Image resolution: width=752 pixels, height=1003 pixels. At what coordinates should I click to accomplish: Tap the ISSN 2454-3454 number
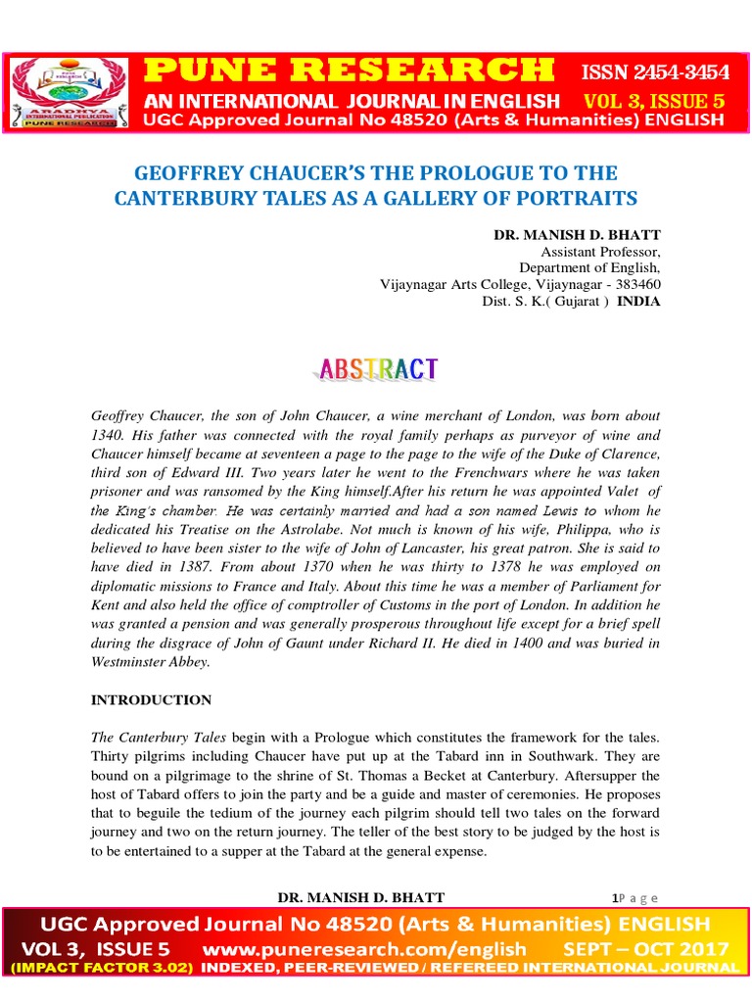click(655, 72)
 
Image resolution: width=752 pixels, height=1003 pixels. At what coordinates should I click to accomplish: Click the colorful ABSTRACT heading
click(377, 369)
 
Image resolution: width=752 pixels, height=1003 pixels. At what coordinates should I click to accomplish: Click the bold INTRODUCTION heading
click(151, 700)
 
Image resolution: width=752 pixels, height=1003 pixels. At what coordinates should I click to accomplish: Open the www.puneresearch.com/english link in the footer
click(365, 949)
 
